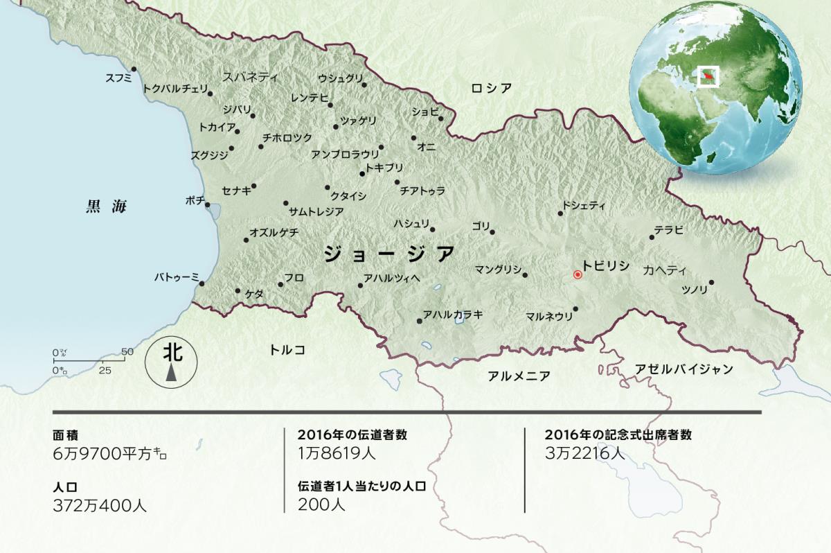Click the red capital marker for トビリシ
pyautogui.click(x=578, y=274)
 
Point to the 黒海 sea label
pyautogui.click(x=107, y=206)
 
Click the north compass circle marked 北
pyautogui.click(x=171, y=360)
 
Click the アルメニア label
pyautogui.click(x=519, y=376)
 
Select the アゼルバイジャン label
pyautogui.click(x=683, y=369)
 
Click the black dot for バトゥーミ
pyautogui.click(x=202, y=283)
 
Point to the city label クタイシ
pyautogui.click(x=348, y=196)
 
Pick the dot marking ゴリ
pyautogui.click(x=492, y=232)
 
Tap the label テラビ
pyautogui.click(x=669, y=229)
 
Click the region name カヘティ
pyautogui.click(x=664, y=270)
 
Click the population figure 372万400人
pyautogui.click(x=100, y=504)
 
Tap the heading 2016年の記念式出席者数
pyautogui.click(x=618, y=435)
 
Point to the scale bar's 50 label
pyautogui.click(x=127, y=351)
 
